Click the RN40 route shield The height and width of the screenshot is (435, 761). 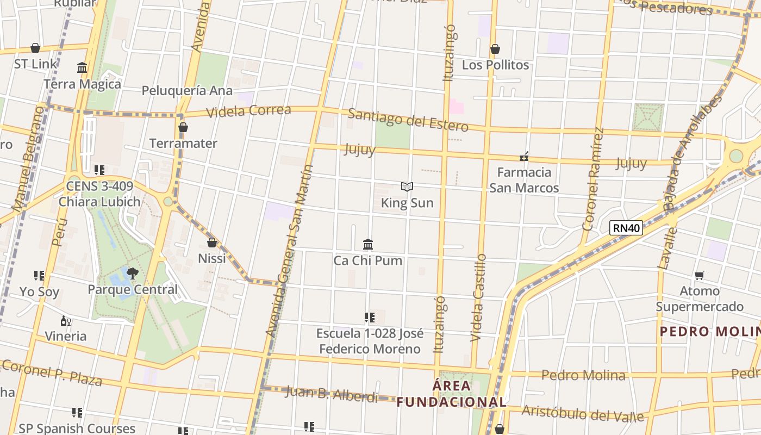coord(626,228)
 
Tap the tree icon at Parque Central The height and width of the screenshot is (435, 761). coord(132,273)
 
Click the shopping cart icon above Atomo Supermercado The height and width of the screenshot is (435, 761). coord(700,275)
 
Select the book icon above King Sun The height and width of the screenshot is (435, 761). coord(407,187)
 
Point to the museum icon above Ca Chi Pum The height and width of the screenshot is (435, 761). coord(368,244)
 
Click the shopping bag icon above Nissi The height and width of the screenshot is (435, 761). coord(212,243)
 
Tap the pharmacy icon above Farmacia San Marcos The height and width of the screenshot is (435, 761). coord(524,157)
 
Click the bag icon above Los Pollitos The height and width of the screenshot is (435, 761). coord(495,49)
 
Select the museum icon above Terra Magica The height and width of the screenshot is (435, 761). coord(82,68)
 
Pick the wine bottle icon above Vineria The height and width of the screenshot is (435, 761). coord(66,321)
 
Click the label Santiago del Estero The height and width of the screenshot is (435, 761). coord(408,120)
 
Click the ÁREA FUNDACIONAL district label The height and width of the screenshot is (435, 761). coord(451,394)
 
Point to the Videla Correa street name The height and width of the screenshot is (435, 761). coord(249,111)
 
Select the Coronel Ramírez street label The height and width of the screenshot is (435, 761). coord(593,179)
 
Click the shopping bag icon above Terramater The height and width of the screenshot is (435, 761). coord(183,127)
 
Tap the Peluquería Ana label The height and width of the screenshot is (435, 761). coord(187,90)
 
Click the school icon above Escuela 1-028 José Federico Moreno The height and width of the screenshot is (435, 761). coord(369,317)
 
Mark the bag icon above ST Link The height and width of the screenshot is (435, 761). coord(35,48)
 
